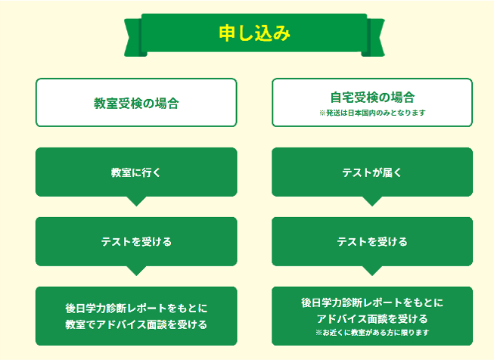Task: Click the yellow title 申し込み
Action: click(x=254, y=33)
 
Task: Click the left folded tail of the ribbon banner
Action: click(x=134, y=38)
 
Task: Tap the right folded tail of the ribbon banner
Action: click(x=374, y=38)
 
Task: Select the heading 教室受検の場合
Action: click(x=136, y=104)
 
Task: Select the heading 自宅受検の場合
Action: click(x=372, y=98)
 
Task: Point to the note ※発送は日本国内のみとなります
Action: click(x=372, y=113)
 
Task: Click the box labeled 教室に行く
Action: click(x=136, y=172)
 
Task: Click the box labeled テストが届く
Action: click(x=372, y=172)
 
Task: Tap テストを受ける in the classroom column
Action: click(x=136, y=241)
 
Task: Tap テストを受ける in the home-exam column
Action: click(x=372, y=241)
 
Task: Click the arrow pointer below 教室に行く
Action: click(x=136, y=201)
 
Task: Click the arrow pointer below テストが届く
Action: click(x=372, y=201)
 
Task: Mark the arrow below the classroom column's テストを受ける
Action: click(x=136, y=271)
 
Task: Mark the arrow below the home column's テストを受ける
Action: click(x=372, y=271)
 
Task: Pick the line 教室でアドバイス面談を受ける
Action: click(x=136, y=324)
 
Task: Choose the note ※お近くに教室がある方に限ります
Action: click(x=372, y=333)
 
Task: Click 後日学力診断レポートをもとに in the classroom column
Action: click(x=136, y=308)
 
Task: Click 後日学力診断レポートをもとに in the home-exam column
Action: click(x=372, y=303)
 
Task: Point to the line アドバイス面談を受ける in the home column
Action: click(x=372, y=318)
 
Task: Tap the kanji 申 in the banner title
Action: click(x=228, y=33)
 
